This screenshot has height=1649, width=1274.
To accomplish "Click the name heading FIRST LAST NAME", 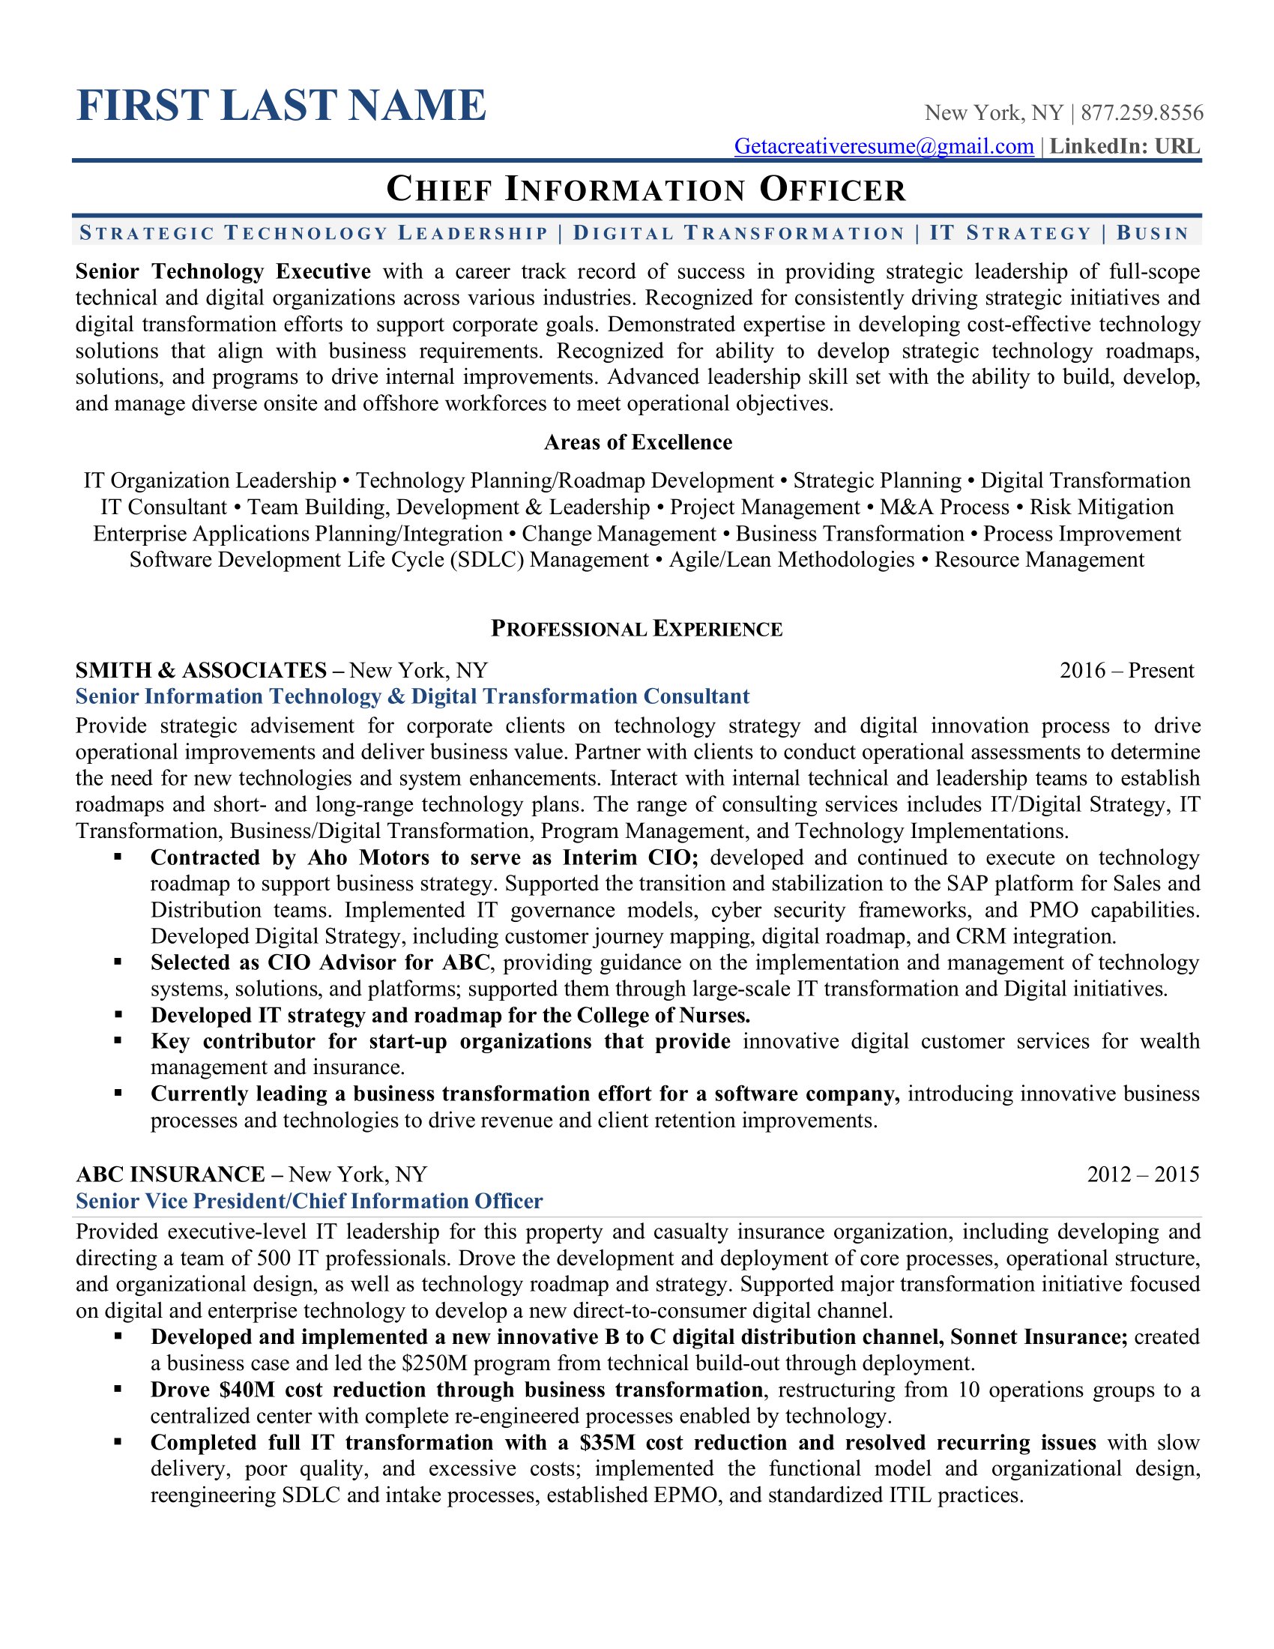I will point(282,106).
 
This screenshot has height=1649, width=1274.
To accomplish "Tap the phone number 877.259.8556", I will point(1142,113).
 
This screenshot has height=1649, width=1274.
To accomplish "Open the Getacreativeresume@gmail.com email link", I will point(884,146).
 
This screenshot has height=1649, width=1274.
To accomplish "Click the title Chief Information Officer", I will point(645,190).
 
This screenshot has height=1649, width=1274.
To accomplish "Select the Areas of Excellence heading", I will point(638,442).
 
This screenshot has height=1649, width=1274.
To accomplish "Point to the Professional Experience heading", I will point(637,629).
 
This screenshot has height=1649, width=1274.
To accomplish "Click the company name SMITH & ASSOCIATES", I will point(201,671).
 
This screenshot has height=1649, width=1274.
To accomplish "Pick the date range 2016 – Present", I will point(1126,671).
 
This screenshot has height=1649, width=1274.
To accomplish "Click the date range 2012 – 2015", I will point(1143,1174).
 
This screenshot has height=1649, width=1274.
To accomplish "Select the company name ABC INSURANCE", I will point(171,1174).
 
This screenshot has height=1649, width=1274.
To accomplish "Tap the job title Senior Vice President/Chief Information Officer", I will point(310,1202).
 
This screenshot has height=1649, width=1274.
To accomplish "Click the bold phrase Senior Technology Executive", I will point(223,272).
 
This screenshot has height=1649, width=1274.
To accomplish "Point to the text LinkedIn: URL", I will point(1125,146).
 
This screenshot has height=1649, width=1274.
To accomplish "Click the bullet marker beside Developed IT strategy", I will point(118,1015).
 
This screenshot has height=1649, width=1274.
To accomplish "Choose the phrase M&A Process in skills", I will point(944,507).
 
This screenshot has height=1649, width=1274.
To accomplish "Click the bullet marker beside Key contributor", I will point(118,1041).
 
